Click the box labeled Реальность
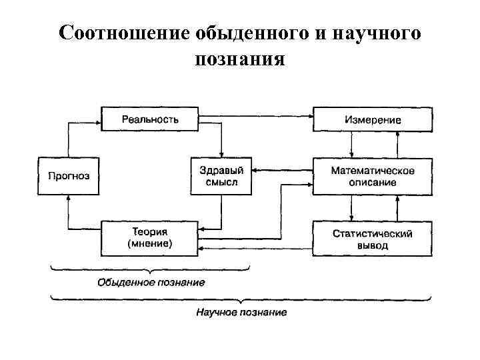point(150,119)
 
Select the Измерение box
point(373,119)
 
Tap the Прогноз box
point(69,177)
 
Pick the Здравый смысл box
point(221,177)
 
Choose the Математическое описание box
point(373,177)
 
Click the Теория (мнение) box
point(150,237)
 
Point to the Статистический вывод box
point(373,238)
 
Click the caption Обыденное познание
point(151,282)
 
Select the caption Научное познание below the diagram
point(241,312)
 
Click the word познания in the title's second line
point(240,60)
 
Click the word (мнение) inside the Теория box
point(150,244)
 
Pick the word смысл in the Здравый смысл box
point(221,183)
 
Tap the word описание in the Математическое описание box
point(373,183)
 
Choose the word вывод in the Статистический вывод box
point(373,245)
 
